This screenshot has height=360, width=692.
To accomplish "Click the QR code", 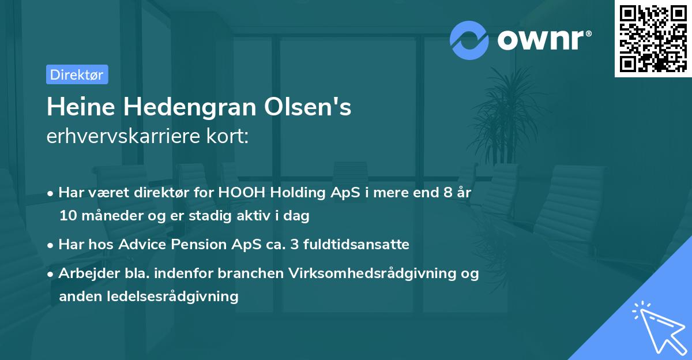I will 653,39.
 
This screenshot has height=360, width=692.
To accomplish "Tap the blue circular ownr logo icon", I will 469,40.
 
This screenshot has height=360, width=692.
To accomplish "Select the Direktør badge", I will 77,74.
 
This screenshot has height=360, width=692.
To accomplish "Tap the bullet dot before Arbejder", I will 51,274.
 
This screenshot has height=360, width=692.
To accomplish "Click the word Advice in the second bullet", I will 139,245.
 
